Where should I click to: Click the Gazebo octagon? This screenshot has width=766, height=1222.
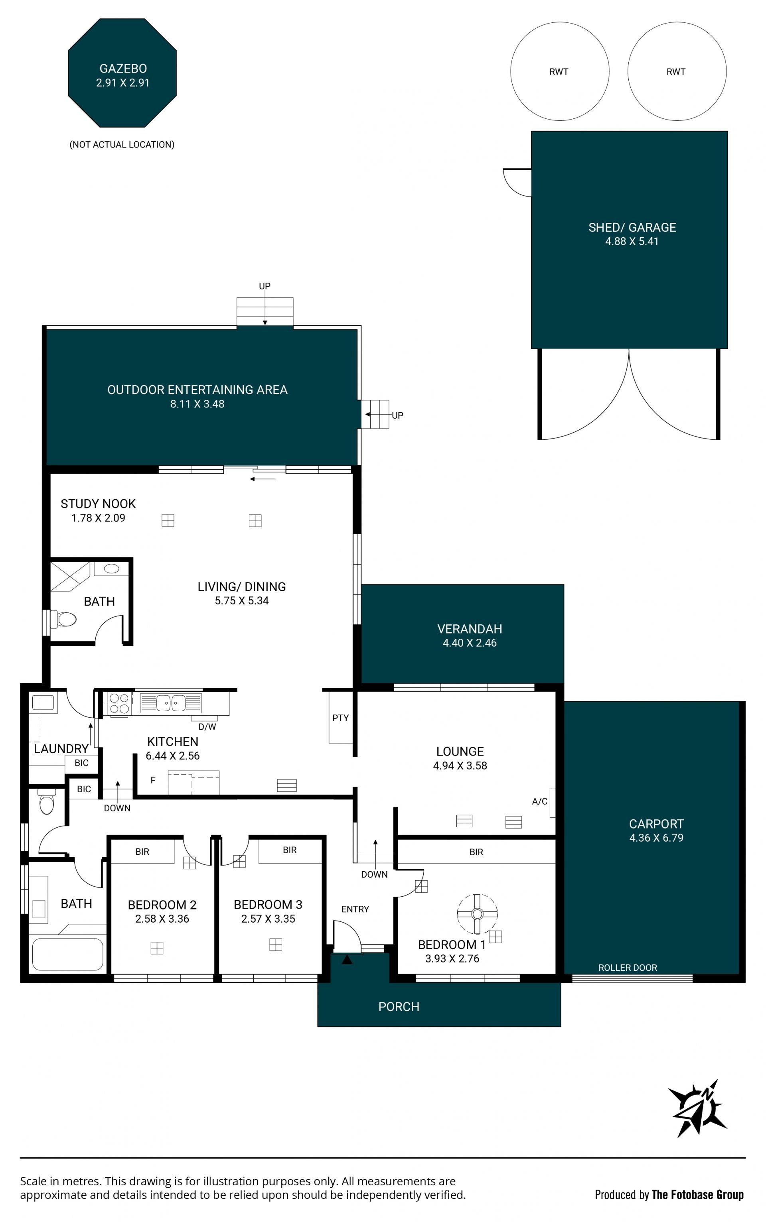tap(122, 73)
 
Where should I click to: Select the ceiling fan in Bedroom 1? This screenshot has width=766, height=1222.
tap(477, 914)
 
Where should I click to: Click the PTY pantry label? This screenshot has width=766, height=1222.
tap(340, 718)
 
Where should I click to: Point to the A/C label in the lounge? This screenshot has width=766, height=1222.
tap(539, 801)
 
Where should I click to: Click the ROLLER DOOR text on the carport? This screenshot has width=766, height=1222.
tap(628, 967)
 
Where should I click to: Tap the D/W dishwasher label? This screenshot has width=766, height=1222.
tap(207, 727)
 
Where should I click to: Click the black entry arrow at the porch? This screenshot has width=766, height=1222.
tap(347, 959)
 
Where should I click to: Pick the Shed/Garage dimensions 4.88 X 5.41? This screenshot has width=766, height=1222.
tap(632, 242)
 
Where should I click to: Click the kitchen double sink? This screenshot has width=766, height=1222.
tap(171, 703)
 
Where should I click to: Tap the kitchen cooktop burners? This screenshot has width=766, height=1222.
tap(119, 704)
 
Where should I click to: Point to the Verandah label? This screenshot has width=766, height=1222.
tap(470, 629)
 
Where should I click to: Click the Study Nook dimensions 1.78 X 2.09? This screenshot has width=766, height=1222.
tap(98, 518)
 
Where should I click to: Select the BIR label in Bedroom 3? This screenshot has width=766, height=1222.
tap(290, 850)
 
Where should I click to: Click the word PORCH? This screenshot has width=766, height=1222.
tap(399, 1007)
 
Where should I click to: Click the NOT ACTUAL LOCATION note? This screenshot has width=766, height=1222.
tap(122, 145)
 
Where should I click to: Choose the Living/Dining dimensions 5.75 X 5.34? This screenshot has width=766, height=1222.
tap(242, 601)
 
